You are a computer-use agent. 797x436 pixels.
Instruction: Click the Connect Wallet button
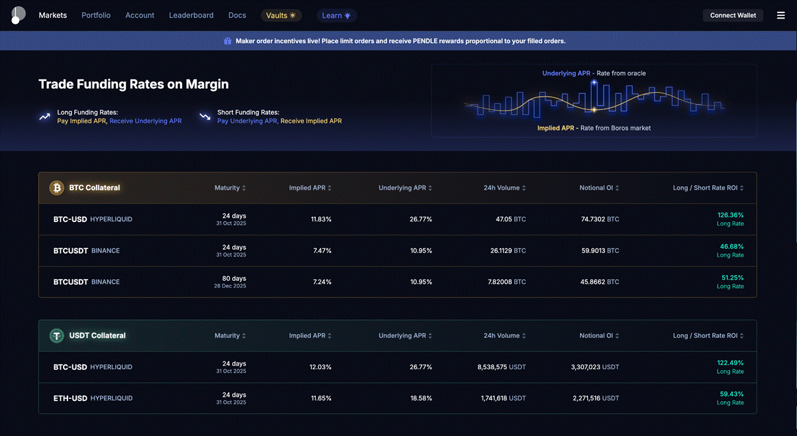733,15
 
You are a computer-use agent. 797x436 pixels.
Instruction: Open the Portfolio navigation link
96,15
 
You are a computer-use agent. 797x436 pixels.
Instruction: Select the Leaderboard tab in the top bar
191,15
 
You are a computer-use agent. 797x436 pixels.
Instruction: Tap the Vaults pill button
281,15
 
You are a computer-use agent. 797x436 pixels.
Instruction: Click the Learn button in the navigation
336,15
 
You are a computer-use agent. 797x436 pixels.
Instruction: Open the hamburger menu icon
781,15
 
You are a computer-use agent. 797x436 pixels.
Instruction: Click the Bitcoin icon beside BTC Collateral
57,188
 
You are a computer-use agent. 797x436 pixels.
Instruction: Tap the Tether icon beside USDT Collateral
57,335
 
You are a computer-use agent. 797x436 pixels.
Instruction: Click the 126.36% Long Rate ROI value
730,215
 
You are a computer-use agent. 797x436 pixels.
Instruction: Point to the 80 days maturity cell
234,279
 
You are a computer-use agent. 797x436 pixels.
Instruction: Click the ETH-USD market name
70,398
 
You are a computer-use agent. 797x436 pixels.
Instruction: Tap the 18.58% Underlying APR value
421,398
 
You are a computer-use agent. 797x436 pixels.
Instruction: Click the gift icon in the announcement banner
228,41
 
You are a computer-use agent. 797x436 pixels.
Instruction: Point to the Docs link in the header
237,15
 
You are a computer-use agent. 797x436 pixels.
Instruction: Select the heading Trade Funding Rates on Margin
134,84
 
